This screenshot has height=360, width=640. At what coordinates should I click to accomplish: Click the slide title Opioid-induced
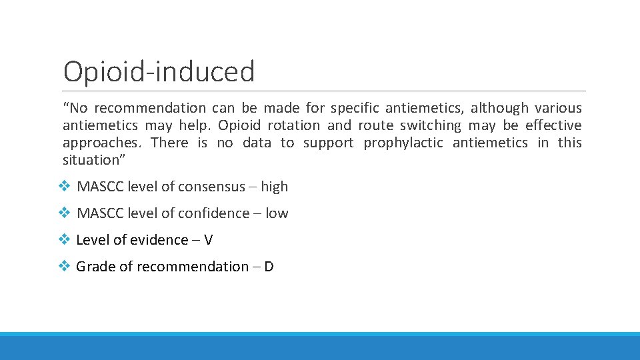[x=159, y=71]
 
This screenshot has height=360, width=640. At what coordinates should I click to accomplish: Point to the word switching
[x=430, y=125]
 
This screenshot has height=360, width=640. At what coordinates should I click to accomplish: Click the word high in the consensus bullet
[x=275, y=187]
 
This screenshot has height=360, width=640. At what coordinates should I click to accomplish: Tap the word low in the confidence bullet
[x=277, y=213]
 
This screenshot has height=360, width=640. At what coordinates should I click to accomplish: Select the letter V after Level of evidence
[x=208, y=240]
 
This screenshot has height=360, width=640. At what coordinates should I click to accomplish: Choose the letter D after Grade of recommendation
[x=269, y=267]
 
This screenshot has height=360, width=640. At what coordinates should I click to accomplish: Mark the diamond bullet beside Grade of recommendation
[x=64, y=267]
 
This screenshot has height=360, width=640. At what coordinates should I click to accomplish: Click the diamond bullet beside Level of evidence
[x=64, y=240]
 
